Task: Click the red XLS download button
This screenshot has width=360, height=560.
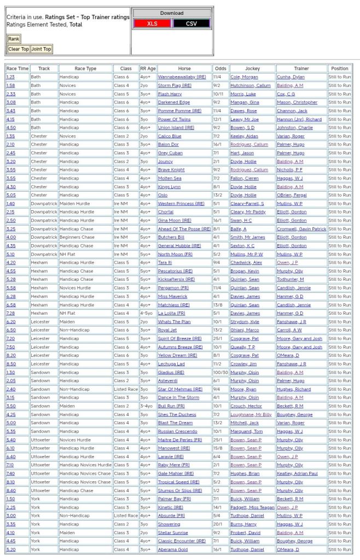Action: pos(152,24)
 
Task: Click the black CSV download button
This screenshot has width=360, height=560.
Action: pos(191,24)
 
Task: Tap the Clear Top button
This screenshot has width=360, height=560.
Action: pos(18,49)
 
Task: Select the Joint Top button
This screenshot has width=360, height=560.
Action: pos(41,49)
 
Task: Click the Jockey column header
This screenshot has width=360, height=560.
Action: pos(252,68)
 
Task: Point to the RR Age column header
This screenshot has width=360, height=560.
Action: pos(148,68)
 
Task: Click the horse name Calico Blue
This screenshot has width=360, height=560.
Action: pos(170,136)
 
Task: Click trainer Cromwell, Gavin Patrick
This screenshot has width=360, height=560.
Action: pos(301,229)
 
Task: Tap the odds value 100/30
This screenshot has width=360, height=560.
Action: pos(221,372)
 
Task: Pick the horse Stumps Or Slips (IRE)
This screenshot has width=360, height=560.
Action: pos(179,490)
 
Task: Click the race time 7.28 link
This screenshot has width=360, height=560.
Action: pos(11,313)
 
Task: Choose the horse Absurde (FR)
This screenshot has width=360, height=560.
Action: pos(172,516)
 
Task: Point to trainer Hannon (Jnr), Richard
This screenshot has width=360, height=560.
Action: pos(299,119)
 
